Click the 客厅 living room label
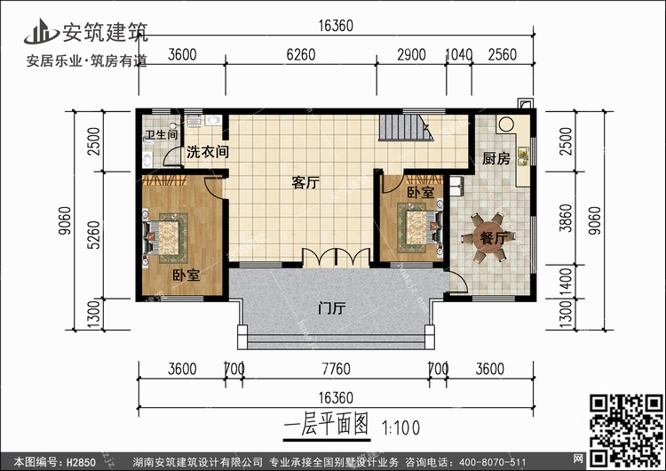(305, 184)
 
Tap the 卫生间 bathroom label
(161, 136)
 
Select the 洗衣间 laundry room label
(207, 152)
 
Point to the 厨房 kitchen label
(496, 160)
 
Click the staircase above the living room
(405, 129)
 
